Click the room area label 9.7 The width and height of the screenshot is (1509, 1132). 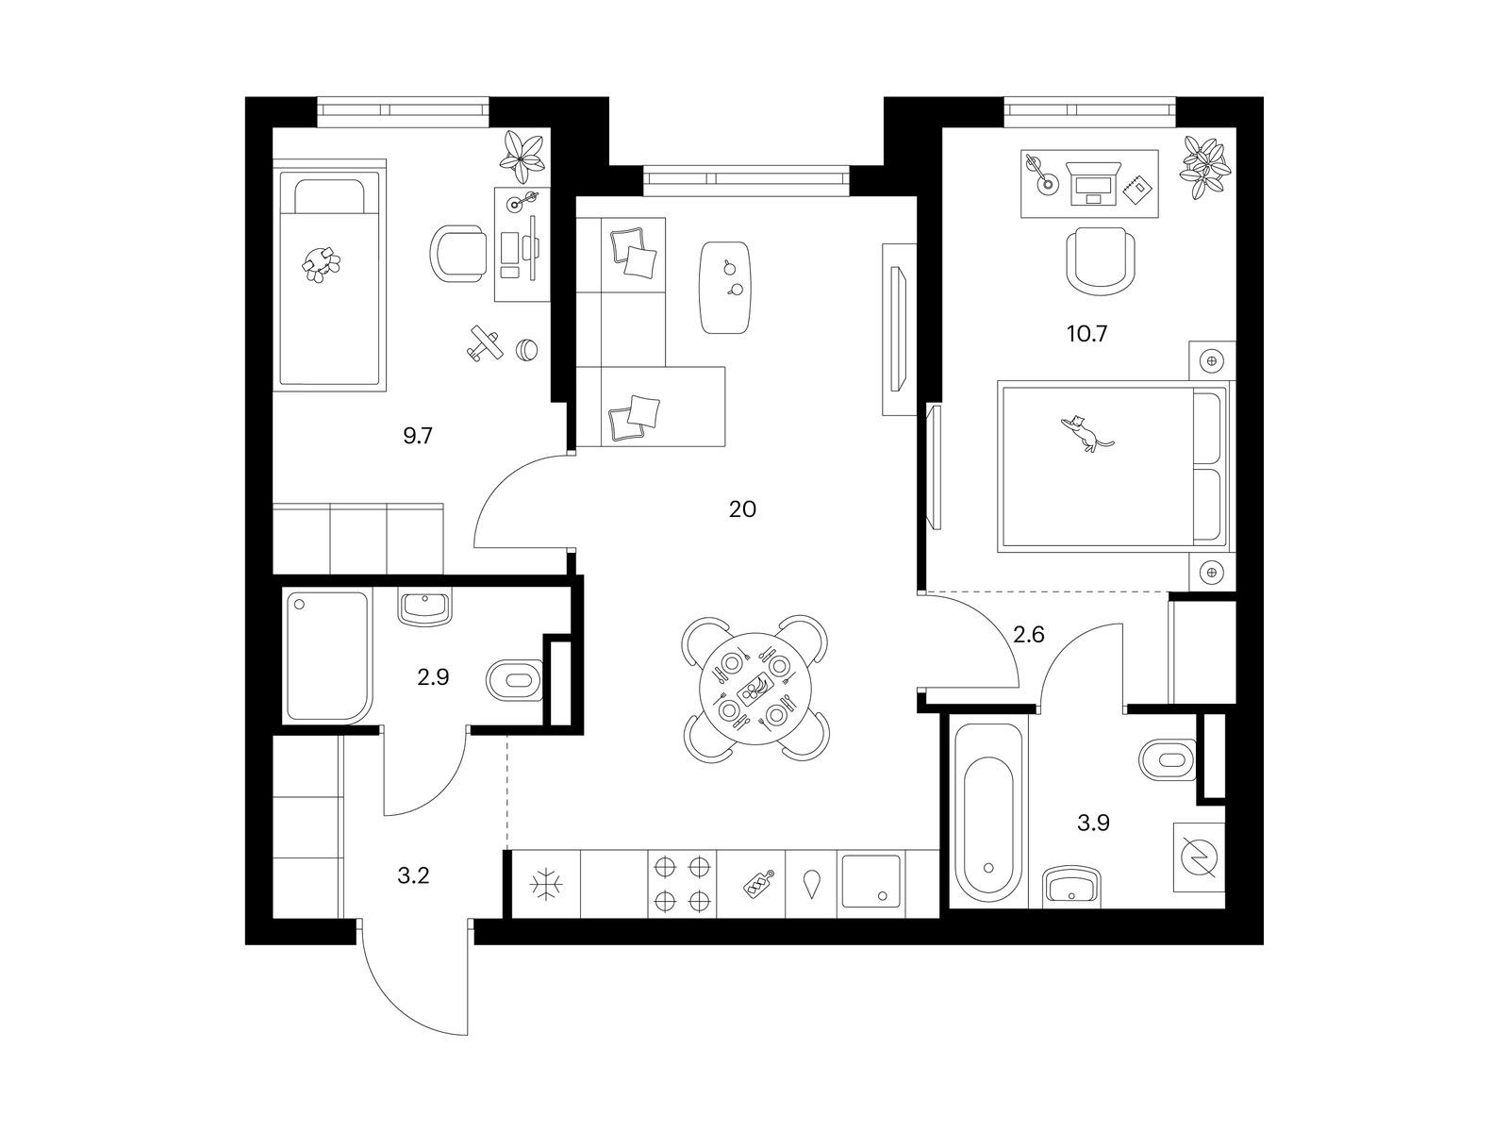click(417, 436)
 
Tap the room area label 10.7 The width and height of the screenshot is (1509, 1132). click(1086, 334)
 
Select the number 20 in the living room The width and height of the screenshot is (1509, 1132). click(742, 509)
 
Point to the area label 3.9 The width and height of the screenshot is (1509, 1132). click(1093, 823)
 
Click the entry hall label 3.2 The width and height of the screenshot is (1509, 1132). click(413, 875)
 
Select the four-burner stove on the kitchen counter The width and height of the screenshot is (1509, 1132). click(681, 884)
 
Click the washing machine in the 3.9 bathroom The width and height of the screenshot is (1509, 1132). click(1199, 857)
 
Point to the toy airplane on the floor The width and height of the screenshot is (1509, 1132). click(484, 342)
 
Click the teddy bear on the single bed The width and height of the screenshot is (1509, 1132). click(321, 265)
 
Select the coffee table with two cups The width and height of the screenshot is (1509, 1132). click(724, 288)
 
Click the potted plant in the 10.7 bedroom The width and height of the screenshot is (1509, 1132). click(1205, 167)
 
